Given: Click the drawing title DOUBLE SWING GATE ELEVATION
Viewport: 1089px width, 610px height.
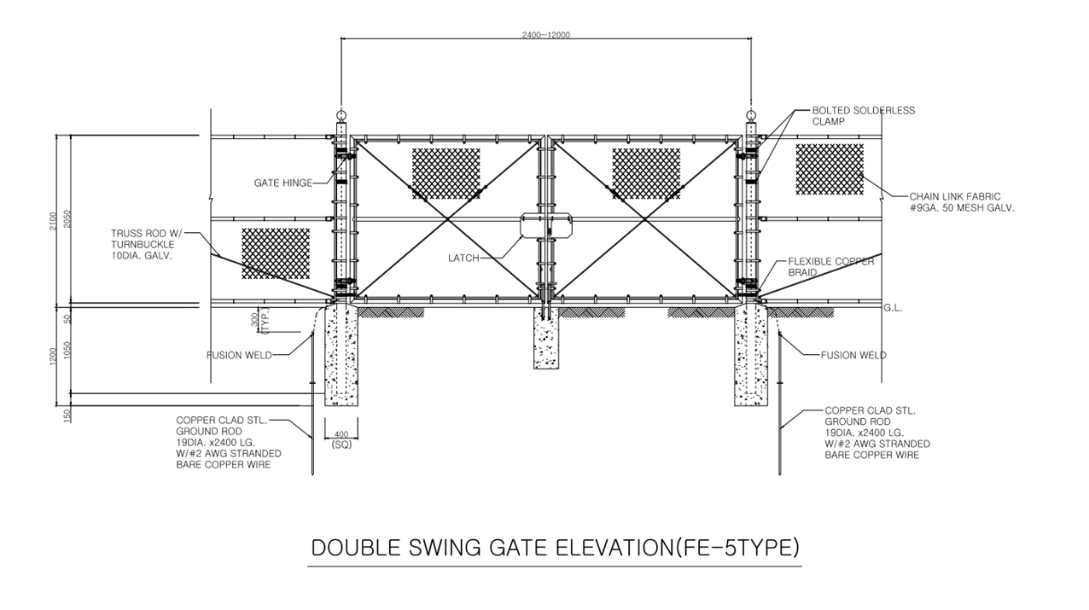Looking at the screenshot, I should [x=555, y=548].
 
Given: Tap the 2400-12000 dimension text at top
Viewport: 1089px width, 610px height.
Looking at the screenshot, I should [x=545, y=35].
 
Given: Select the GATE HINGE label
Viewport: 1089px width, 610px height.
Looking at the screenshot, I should [x=282, y=183].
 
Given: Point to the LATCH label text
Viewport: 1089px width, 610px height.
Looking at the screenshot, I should [x=463, y=258].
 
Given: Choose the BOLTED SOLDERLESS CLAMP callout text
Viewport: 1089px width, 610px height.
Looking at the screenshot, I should [x=863, y=116].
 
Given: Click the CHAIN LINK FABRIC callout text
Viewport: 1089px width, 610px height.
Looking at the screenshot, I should [x=962, y=202].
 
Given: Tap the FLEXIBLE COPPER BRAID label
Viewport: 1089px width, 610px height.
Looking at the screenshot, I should [x=830, y=266].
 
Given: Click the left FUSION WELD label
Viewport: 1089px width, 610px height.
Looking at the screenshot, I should [x=239, y=355].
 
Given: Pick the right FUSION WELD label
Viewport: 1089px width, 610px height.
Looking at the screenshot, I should [x=853, y=355].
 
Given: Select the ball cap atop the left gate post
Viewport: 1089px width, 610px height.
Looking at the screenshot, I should [x=341, y=115].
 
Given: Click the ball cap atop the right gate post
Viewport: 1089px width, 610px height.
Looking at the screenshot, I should [x=751, y=115].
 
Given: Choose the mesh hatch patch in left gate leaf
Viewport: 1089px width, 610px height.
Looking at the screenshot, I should [x=445, y=174].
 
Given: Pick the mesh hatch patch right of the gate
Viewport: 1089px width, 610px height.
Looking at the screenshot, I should [x=830, y=169].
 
